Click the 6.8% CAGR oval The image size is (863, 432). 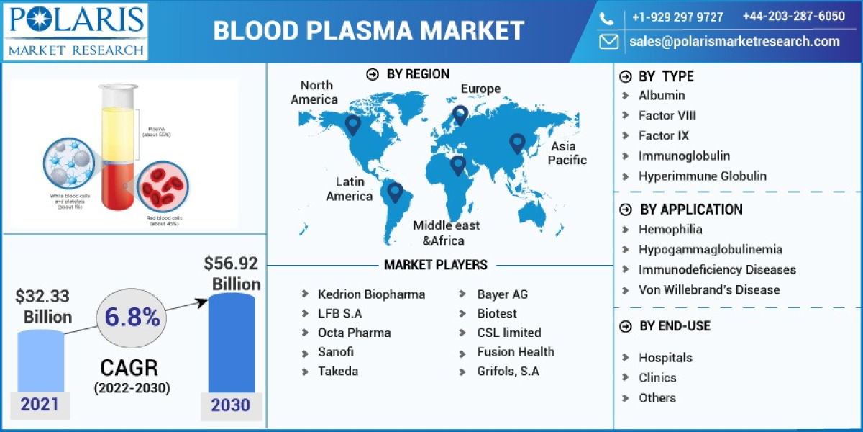click(132, 318)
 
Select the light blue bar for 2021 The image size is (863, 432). click(40, 360)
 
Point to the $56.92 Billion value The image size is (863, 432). click(232, 274)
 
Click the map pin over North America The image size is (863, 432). click(352, 125)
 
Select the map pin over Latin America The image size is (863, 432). click(394, 192)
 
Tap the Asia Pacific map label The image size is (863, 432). click(567, 153)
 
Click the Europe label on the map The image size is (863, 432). click(480, 89)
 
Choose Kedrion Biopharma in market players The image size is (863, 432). click(371, 294)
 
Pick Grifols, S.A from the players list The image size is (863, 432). click(508, 372)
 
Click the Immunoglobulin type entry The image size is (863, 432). click(684, 156)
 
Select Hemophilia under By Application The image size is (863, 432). click(670, 230)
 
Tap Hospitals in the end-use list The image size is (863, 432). click(665, 358)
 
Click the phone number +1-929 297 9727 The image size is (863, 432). click(677, 17)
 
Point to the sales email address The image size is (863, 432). click(734, 42)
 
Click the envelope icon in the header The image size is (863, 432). click(609, 42)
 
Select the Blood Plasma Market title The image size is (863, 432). click(369, 31)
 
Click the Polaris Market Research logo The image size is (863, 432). click(76, 31)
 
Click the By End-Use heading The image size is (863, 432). click(675, 326)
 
